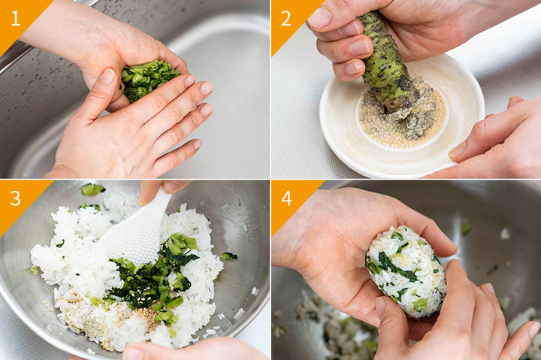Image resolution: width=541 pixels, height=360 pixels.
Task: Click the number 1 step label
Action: tap(15, 19)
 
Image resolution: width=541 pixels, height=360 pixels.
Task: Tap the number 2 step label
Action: tap(286, 19)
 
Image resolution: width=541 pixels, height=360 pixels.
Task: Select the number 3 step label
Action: tap(16, 198)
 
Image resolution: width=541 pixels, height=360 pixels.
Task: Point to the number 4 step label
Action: tap(286, 198)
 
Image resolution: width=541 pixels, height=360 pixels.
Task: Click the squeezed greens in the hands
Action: tap(148, 80)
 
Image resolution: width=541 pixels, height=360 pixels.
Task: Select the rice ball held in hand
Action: tap(407, 271)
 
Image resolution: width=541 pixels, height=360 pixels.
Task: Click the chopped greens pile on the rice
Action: tap(152, 276)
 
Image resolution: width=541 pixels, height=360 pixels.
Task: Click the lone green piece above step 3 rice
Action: tap(92, 189)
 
